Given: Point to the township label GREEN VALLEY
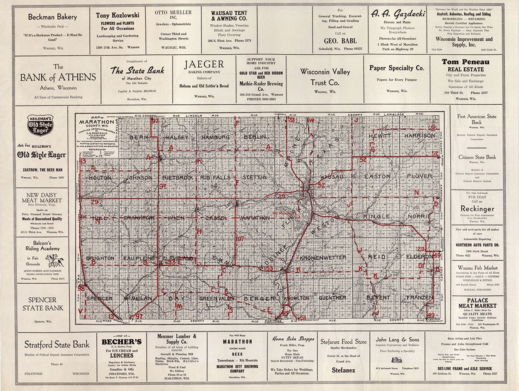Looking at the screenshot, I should (x=217, y=298).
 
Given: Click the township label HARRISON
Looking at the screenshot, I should (x=419, y=136).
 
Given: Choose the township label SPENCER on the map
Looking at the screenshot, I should (x=99, y=298).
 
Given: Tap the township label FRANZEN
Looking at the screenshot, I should (x=420, y=298).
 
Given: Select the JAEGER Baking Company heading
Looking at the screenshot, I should (x=204, y=64).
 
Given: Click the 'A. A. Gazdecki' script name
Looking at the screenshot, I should (x=396, y=14).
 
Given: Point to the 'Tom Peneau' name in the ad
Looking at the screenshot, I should (x=465, y=61).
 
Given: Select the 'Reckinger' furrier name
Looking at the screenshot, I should (x=477, y=209).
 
